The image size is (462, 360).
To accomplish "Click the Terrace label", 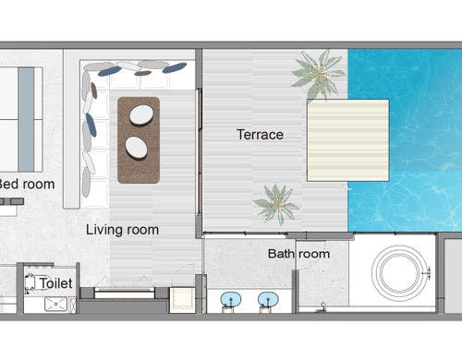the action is [260, 135].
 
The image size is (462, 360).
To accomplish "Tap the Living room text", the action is [122, 230].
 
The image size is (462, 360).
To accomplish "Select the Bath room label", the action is [298, 254].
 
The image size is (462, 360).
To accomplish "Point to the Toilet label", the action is [55, 283].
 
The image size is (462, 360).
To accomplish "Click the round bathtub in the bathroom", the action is [399, 272].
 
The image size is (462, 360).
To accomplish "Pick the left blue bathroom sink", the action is [231, 299].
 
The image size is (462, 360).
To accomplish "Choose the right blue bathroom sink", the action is [268, 299].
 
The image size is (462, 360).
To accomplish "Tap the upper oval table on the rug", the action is [141, 115].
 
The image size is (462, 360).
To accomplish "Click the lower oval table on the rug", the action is [136, 148].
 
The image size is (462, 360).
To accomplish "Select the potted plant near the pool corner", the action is [319, 74].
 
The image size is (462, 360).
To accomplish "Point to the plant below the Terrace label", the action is [276, 203].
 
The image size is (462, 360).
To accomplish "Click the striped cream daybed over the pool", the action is [348, 140].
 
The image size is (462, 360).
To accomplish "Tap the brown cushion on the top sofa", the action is [143, 73].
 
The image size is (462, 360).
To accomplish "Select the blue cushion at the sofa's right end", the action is [175, 67].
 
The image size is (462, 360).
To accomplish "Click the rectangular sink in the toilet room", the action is [55, 304].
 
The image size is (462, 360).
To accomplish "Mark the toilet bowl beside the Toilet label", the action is [30, 282].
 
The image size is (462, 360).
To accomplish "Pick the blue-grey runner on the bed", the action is [26, 119].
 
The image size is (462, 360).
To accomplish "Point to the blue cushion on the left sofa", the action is [91, 125].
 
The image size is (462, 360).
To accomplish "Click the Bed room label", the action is [27, 184].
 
